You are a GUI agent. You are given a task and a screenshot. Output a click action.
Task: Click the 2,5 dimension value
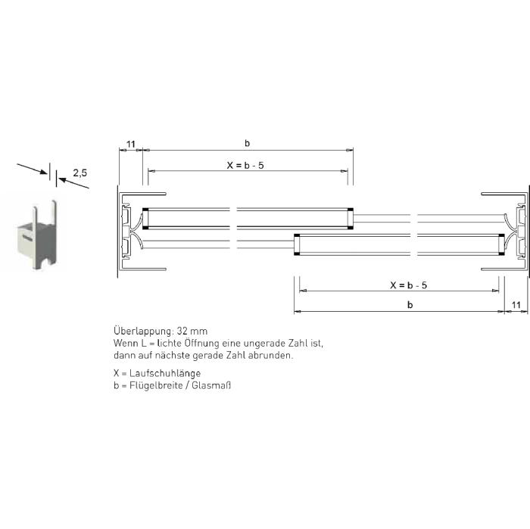pos(79,173)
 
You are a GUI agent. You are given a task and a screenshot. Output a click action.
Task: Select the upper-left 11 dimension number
pos(130,145)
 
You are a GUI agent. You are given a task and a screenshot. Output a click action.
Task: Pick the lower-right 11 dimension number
pos(516,305)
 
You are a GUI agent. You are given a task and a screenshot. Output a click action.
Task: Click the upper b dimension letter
pos(247,143)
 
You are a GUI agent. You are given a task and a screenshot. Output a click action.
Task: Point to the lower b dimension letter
pos(410,305)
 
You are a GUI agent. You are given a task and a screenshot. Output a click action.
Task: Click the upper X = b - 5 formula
pos(245,165)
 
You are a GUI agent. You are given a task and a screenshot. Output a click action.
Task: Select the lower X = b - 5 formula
pos(408,285)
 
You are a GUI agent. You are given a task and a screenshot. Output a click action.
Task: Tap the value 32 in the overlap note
pos(182,331)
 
